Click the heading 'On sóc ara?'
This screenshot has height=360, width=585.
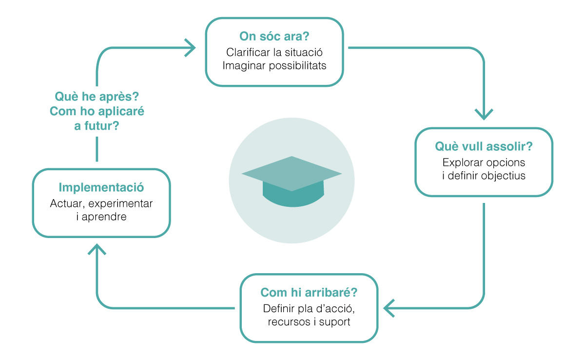pyautogui.click(x=274, y=36)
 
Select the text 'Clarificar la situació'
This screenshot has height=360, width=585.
pyautogui.click(x=274, y=52)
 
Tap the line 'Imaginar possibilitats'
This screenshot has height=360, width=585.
pyautogui.click(x=274, y=65)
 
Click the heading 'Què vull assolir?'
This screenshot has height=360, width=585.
pyautogui.click(x=484, y=146)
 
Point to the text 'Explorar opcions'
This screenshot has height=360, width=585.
pyautogui.click(x=484, y=162)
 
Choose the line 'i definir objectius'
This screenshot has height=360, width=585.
pyautogui.click(x=484, y=176)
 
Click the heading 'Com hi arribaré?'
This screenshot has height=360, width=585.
pyautogui.click(x=309, y=292)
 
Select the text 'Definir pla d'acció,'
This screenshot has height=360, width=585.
pyautogui.click(x=309, y=308)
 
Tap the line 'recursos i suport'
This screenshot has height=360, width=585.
pyautogui.click(x=309, y=321)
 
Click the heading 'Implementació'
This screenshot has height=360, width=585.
pyautogui.click(x=101, y=188)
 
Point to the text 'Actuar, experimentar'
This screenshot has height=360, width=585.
pyautogui.click(x=101, y=203)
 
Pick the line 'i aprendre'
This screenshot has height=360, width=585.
pyautogui.click(x=101, y=217)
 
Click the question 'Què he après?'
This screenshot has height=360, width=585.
pyautogui.click(x=97, y=97)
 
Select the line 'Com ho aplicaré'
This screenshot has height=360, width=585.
pyautogui.click(x=97, y=111)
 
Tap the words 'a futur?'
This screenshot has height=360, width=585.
pyautogui.click(x=97, y=126)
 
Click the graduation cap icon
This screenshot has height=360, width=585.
pyautogui.click(x=292, y=181)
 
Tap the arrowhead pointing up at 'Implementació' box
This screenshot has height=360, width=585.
pyautogui.click(x=97, y=249)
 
